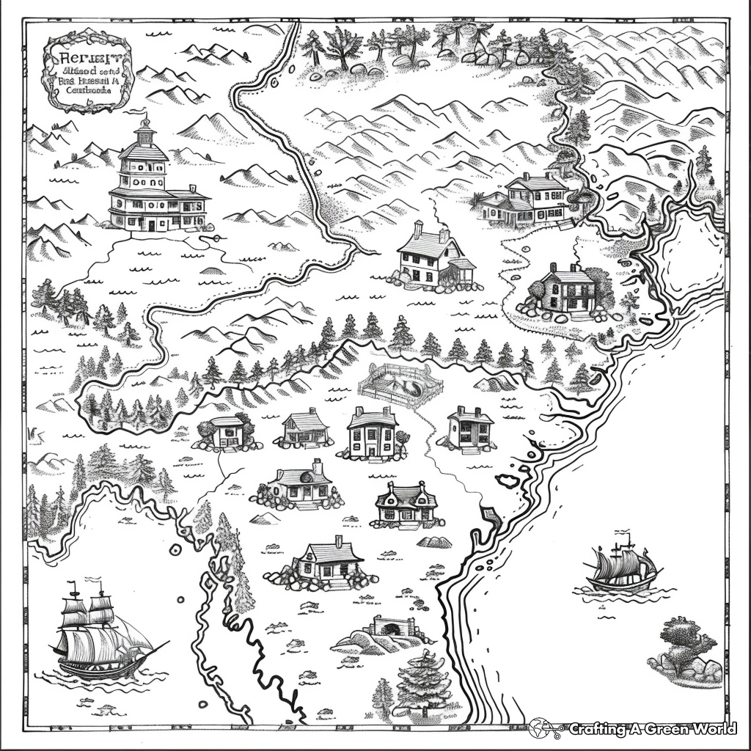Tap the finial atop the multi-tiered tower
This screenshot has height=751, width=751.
click(x=145, y=120)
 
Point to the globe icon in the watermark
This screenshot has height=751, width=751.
click(x=541, y=728)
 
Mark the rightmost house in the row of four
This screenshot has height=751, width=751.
click(x=469, y=429)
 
